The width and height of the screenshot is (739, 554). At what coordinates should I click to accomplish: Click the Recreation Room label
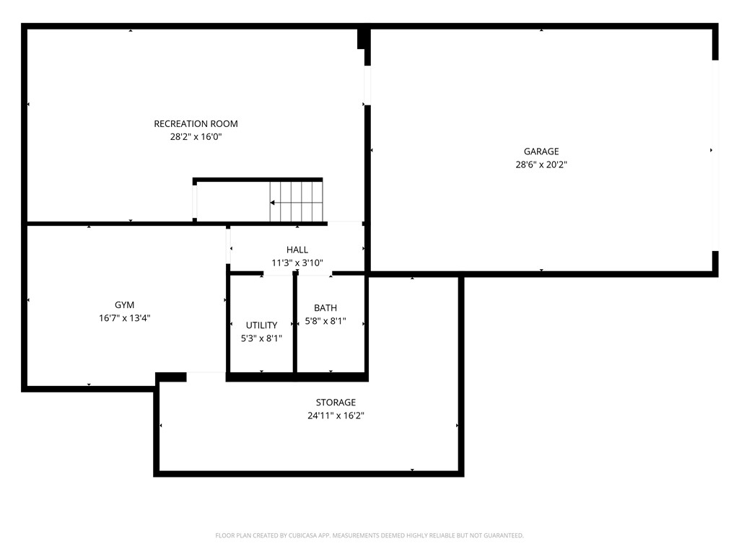(x=196, y=123)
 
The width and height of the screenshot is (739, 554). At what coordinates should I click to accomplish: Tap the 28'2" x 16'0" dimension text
(x=196, y=136)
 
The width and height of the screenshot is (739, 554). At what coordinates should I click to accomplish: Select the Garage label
(x=541, y=151)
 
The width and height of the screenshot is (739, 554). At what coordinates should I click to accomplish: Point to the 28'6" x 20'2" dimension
(x=541, y=164)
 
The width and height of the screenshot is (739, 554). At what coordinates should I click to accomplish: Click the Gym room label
(x=124, y=305)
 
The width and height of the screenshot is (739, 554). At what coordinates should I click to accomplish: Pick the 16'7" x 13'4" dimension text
(x=124, y=318)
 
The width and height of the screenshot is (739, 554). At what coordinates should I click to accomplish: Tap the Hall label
(x=297, y=250)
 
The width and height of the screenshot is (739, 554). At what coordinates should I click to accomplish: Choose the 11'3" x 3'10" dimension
(x=297, y=263)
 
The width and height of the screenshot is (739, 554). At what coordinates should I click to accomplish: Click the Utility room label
(x=261, y=325)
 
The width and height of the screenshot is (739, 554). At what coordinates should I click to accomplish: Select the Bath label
(x=325, y=308)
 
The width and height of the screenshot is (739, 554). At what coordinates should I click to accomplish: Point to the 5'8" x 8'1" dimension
(x=325, y=321)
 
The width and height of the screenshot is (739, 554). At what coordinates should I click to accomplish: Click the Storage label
(x=336, y=403)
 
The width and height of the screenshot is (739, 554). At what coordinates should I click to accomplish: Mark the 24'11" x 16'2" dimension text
(x=336, y=415)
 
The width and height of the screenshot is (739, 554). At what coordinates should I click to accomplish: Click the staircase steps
(x=296, y=201)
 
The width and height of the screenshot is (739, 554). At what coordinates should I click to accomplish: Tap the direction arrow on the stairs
(x=274, y=203)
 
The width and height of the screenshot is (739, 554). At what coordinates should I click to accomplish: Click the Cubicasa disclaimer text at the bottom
(x=369, y=535)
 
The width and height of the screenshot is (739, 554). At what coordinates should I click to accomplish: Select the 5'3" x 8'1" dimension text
(x=261, y=338)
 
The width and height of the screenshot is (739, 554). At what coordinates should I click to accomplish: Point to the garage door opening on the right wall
(x=715, y=155)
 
